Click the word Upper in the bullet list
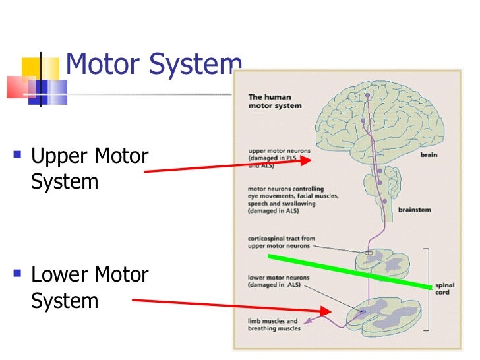(62, 157)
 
